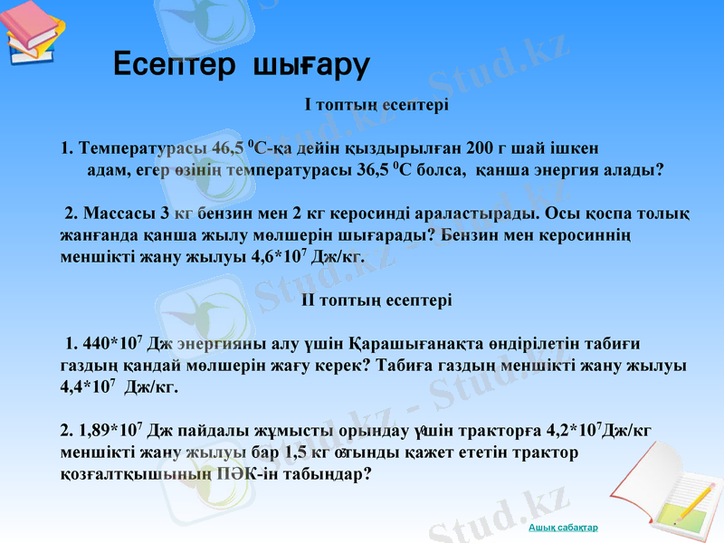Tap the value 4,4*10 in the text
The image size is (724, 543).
point(85,387)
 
